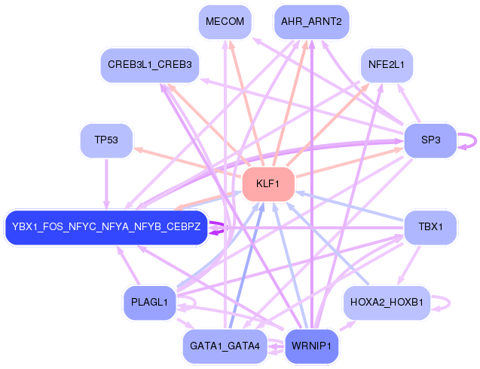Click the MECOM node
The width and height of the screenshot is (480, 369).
225,22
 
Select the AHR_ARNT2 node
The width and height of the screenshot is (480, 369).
311,22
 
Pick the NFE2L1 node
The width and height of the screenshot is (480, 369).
387,66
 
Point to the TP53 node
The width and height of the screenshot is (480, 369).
106,140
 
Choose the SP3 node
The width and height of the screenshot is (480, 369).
430,140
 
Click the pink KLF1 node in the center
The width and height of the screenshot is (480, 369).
268,183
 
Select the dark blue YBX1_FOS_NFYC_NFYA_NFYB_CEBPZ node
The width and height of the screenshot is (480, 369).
106,226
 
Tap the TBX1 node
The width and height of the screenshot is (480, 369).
430,226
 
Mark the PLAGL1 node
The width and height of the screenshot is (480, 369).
149,303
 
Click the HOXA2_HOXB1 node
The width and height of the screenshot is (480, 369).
387,303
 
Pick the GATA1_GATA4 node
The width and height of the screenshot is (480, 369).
225,346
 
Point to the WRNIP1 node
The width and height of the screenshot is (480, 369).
311,346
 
